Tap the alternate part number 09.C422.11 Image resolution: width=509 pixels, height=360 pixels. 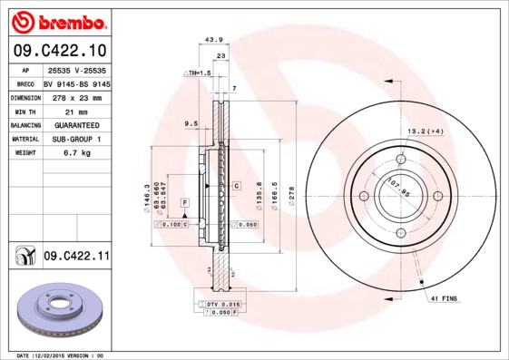pyautogui.click(x=76, y=257)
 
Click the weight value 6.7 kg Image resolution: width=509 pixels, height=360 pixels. pyautogui.click(x=76, y=153)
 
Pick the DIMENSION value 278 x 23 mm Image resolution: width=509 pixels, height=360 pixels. pyautogui.click(x=76, y=97)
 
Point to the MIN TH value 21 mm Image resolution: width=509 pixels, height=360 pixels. pyautogui.click(x=76, y=111)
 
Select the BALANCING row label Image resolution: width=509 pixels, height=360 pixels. pyautogui.click(x=24, y=125)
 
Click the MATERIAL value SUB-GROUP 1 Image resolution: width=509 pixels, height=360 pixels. pyautogui.click(x=76, y=139)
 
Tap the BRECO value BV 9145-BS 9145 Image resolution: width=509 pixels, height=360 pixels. pyautogui.click(x=76, y=83)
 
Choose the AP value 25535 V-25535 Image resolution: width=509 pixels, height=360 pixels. pyautogui.click(x=76, y=69)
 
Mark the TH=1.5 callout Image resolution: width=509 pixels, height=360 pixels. pyautogui.click(x=197, y=72)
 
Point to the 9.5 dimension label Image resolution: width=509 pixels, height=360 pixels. pyautogui.click(x=191, y=122)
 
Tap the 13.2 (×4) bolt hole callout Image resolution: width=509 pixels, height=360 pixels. pyautogui.click(x=426, y=132)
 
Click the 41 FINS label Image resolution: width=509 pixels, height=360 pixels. pyautogui.click(x=444, y=298)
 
